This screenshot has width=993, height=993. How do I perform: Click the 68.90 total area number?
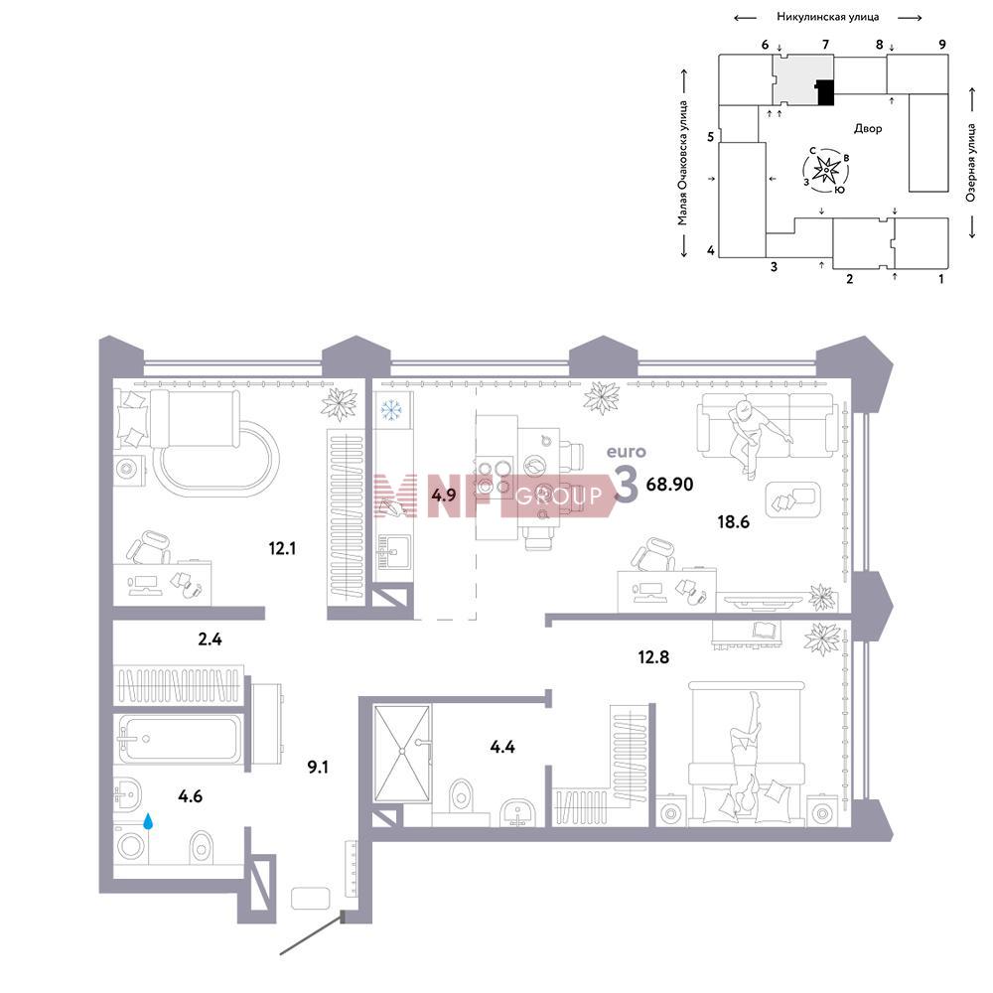pos(669,485)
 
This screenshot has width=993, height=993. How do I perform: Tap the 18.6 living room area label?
pos(734,522)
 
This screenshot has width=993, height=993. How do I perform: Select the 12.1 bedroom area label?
pos(282,548)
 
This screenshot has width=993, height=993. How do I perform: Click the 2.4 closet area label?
pos(210,638)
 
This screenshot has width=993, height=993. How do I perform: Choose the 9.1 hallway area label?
pos(318,768)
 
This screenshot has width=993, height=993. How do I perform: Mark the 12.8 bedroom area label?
pos(653,657)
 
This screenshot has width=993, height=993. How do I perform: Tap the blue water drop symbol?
pos(148,822)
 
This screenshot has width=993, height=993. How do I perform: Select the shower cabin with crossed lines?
pos(402,753)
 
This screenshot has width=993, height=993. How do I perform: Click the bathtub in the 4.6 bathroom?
pos(179,740)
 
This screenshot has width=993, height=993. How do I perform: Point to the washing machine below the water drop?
pos(131,846)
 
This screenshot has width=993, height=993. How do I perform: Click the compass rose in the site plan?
pos(826,170)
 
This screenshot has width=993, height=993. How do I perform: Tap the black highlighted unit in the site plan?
pos(824,92)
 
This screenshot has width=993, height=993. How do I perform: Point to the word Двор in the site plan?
pos(868,129)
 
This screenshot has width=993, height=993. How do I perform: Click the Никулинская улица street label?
pos(828,17)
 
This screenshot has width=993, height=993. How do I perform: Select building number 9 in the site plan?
pos(942,45)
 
